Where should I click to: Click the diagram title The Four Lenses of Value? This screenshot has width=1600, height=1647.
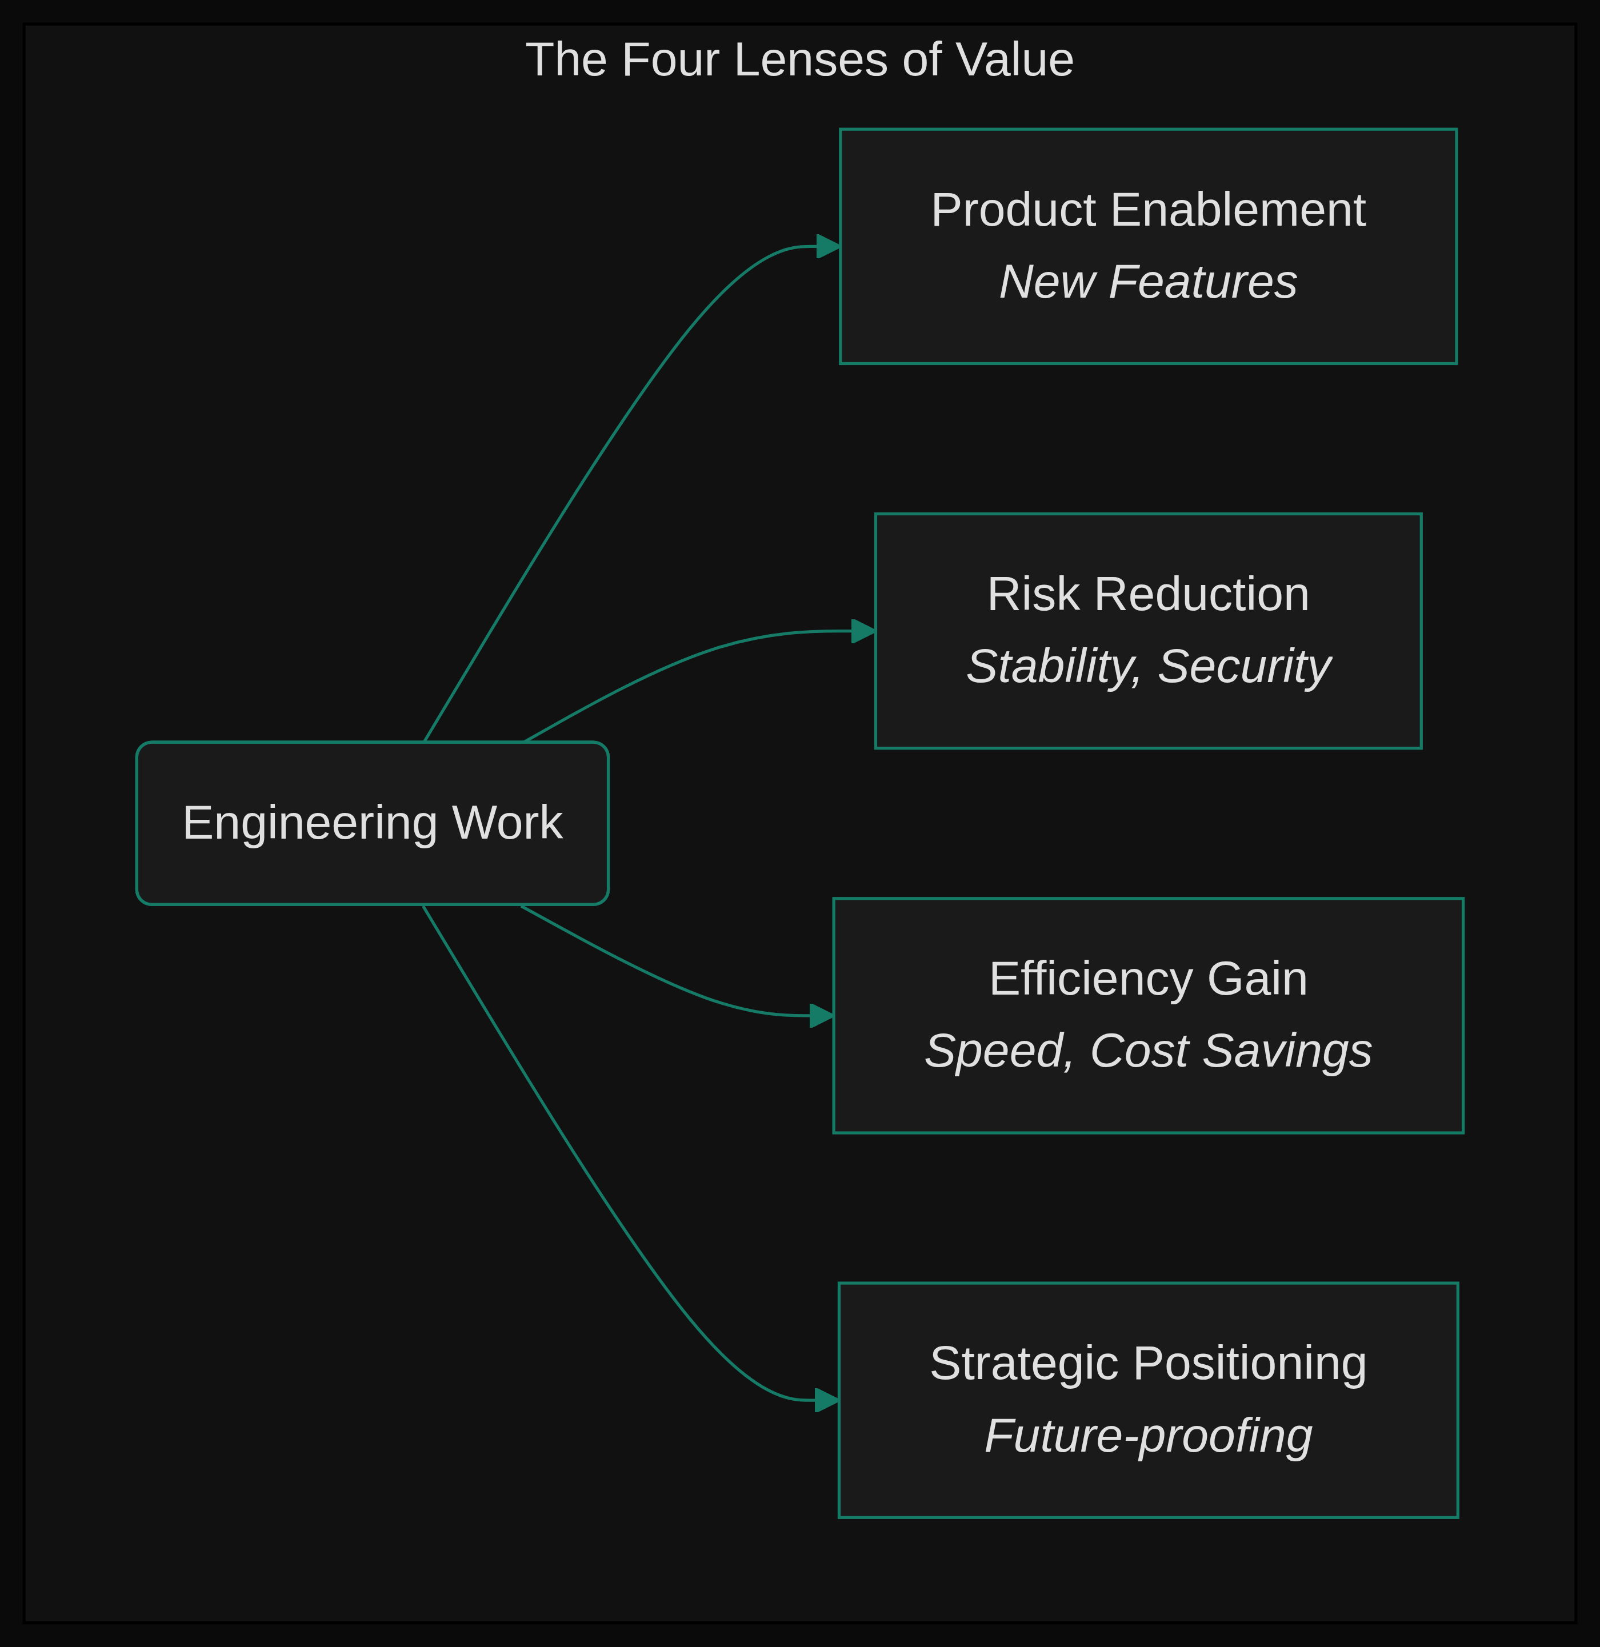(x=799, y=61)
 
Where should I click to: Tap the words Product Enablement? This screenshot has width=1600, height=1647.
(x=1148, y=210)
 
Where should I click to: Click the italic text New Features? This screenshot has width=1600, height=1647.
(x=1148, y=282)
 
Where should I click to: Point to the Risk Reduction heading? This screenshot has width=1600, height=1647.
(x=1148, y=595)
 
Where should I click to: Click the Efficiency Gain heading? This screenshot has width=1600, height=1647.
(x=1148, y=980)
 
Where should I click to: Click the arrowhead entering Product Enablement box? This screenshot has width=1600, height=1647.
(x=829, y=246)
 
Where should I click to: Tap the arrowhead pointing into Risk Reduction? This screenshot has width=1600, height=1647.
(x=863, y=631)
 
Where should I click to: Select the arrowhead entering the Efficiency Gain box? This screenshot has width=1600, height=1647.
(x=821, y=1016)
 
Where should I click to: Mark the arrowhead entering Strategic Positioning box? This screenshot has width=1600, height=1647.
(x=827, y=1401)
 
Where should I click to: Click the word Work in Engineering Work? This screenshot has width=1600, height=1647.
(x=507, y=823)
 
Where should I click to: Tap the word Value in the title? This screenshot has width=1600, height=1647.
(x=1014, y=61)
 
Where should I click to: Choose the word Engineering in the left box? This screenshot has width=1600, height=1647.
(x=310, y=823)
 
